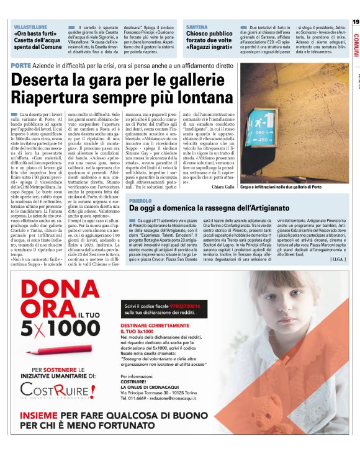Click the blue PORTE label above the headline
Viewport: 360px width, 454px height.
(22, 66)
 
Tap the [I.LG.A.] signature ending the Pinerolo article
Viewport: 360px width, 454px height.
(339, 258)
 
